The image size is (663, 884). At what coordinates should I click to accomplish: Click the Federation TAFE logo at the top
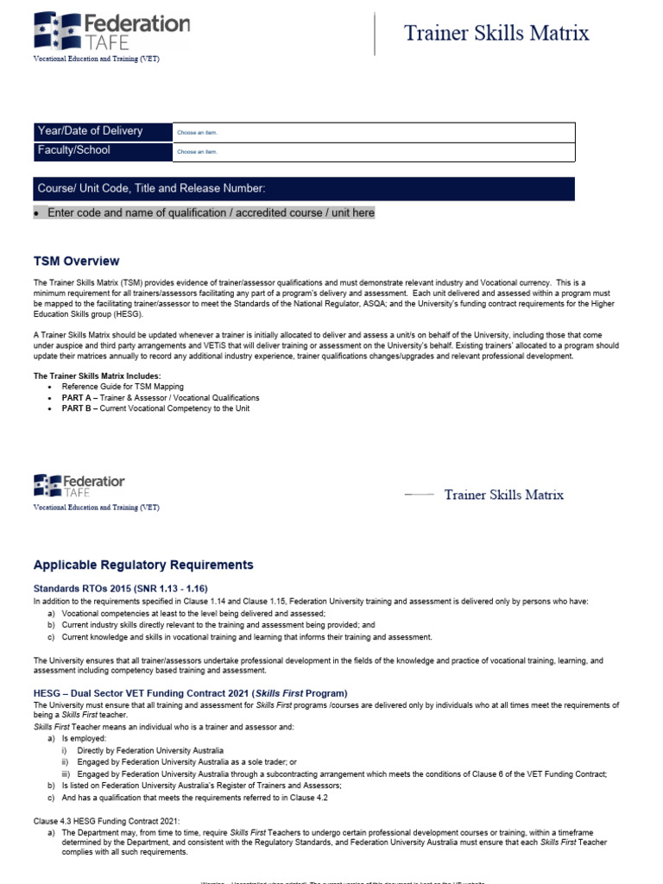point(110,31)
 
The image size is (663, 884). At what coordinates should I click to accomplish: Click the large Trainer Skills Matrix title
point(496,34)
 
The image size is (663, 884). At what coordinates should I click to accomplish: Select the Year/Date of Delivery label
point(90,131)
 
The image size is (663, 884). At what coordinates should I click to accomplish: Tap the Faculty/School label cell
point(73,150)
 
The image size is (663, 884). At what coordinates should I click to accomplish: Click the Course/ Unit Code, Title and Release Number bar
point(302,189)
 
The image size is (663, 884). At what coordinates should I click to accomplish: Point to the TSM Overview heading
point(77,262)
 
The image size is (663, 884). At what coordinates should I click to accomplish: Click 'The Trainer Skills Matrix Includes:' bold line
point(97,376)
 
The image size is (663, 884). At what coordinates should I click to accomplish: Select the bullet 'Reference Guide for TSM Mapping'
point(123,387)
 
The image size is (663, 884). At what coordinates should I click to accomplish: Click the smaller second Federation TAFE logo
point(79,485)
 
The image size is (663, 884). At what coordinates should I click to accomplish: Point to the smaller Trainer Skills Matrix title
point(503,495)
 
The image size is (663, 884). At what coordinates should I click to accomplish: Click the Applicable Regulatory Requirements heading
point(143,565)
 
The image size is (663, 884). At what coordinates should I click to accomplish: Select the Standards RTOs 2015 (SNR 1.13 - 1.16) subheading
point(121,588)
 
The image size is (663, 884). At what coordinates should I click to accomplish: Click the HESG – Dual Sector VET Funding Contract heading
point(190,693)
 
